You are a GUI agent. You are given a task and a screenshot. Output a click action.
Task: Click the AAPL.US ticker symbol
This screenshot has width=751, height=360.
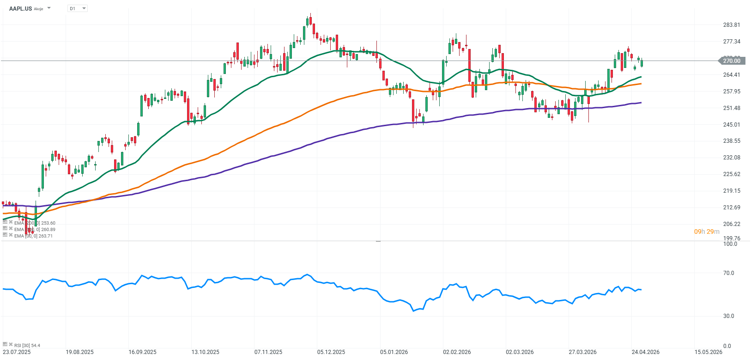[x=20, y=8]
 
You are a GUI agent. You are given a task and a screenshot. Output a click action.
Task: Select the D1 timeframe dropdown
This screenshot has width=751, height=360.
[x=77, y=8]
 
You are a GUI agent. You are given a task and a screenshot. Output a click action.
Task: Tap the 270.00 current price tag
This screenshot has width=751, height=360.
[x=731, y=61]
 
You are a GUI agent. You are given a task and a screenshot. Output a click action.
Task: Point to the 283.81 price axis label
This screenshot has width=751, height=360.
[x=732, y=25]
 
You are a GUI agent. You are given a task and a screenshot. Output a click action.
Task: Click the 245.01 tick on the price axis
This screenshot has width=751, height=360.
[x=732, y=124]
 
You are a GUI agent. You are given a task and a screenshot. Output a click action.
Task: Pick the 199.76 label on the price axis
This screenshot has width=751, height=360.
[x=732, y=238]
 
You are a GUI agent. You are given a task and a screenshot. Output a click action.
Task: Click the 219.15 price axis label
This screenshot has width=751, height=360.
[x=732, y=190]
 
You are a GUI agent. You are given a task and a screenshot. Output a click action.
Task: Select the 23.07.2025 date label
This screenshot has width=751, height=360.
[x=17, y=352]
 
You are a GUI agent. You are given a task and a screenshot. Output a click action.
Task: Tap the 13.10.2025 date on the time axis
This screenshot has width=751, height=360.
[x=206, y=352]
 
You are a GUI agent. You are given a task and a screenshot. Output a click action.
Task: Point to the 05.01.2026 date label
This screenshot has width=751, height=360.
[x=394, y=352]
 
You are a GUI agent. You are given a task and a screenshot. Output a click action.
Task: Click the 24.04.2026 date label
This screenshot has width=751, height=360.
[x=646, y=352]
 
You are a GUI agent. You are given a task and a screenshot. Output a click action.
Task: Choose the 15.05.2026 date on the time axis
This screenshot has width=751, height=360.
[x=708, y=352]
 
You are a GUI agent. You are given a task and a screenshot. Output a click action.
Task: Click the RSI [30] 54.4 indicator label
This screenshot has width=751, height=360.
[x=27, y=345]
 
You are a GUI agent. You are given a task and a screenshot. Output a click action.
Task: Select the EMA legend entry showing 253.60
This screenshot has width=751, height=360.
[x=35, y=223]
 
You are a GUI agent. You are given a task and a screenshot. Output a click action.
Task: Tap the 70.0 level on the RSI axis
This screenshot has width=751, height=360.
[x=728, y=273]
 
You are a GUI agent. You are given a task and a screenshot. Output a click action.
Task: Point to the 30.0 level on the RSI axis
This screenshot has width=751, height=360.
[x=728, y=316]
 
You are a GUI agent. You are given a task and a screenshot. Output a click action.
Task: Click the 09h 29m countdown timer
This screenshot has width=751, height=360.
[x=707, y=232]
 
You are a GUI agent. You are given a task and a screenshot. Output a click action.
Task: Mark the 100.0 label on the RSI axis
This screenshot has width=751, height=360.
[x=730, y=244]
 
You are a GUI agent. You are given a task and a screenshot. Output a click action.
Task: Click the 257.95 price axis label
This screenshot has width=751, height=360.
[x=732, y=92]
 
